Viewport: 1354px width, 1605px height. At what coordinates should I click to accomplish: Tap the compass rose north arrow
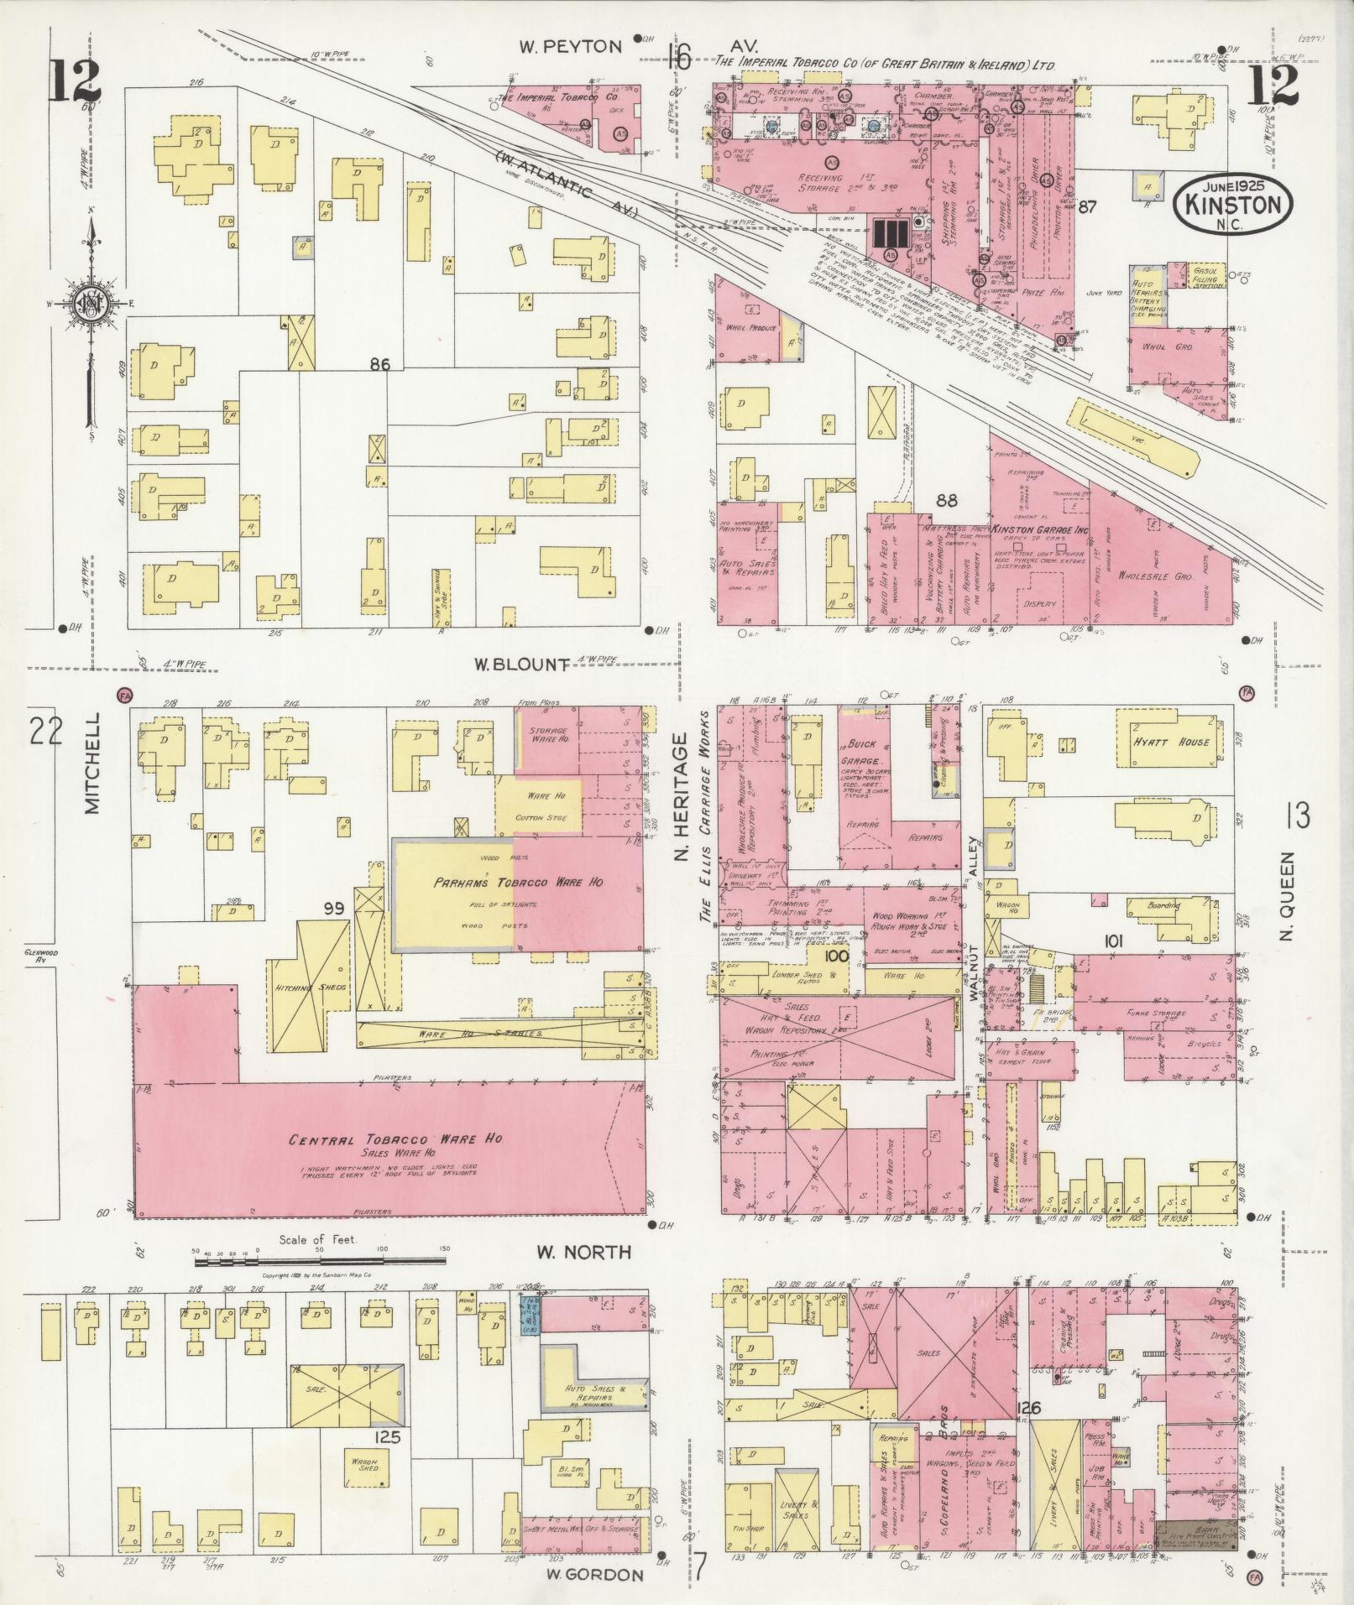pos(88,302)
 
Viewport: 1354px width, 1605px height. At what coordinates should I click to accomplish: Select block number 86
pos(380,364)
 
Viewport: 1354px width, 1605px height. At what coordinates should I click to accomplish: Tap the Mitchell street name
pos(92,763)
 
